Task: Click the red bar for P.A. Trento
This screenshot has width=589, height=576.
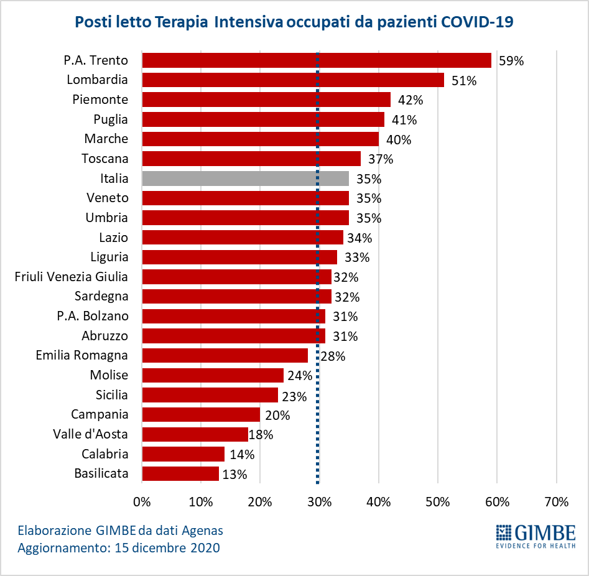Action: coord(316,60)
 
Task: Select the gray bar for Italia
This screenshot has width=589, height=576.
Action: coord(245,179)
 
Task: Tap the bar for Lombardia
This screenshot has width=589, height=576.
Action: coord(292,80)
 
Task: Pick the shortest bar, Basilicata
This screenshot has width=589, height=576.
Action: coord(180,474)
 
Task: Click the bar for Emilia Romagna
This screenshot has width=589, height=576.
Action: coord(225,356)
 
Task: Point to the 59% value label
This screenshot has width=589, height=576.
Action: coord(511,61)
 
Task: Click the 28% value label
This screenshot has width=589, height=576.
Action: coord(333,356)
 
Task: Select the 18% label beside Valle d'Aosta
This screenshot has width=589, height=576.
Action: coord(261,435)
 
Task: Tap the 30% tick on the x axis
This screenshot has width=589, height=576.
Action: coord(319,501)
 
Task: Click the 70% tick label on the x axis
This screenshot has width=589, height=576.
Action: coord(556,501)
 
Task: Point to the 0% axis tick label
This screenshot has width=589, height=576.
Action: coord(142,501)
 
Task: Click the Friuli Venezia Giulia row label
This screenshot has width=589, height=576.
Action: coord(72,276)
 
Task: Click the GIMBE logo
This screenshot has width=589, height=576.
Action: coord(536,536)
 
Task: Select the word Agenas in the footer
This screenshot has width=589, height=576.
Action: coord(198,531)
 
